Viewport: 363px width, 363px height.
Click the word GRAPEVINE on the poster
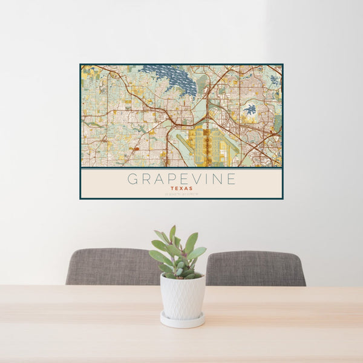(181, 179)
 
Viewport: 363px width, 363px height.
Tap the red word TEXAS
(181, 188)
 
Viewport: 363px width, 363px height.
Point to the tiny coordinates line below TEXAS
(181, 194)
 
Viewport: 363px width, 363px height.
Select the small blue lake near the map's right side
(249, 110)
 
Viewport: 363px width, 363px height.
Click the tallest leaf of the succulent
(172, 233)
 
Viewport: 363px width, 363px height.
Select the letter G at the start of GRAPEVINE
(132, 179)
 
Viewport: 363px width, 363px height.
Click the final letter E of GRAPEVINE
(231, 179)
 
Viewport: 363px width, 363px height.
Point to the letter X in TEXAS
(181, 188)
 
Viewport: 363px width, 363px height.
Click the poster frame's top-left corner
(80, 65)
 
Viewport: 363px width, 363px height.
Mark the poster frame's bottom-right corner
(283, 198)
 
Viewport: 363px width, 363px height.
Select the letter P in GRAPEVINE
(165, 179)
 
